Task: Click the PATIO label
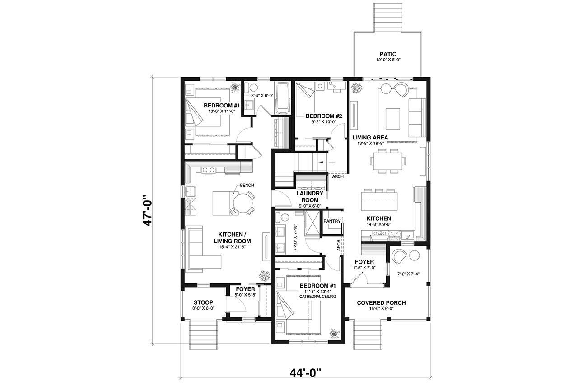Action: pos(387,54)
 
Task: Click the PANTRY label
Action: pos(332,221)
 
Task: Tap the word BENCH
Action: pos(247,186)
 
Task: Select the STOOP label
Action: pos(203,302)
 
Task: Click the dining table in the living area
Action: pos(387,161)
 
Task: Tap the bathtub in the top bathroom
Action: pos(283,98)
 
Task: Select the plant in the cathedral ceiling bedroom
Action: pos(334,334)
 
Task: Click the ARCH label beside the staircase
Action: pos(337,176)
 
